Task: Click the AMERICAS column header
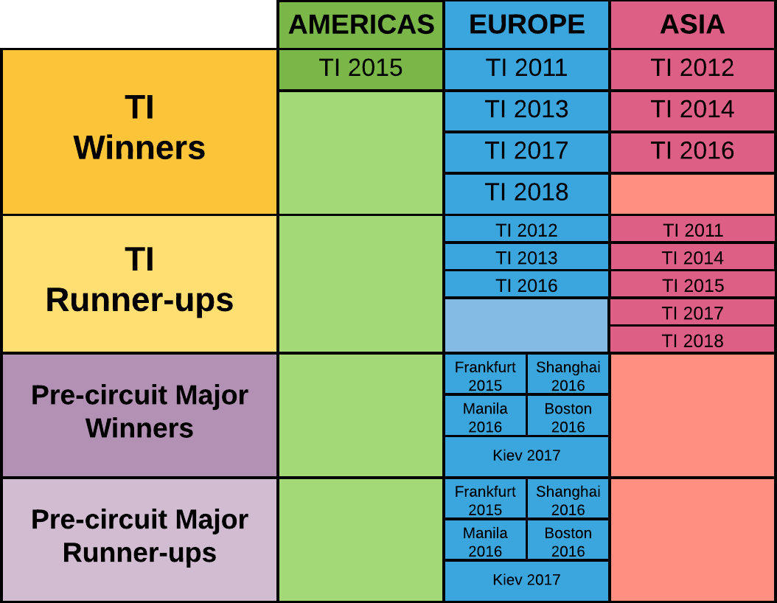tap(360, 25)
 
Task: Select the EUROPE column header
tap(527, 25)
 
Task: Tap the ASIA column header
tap(692, 25)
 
